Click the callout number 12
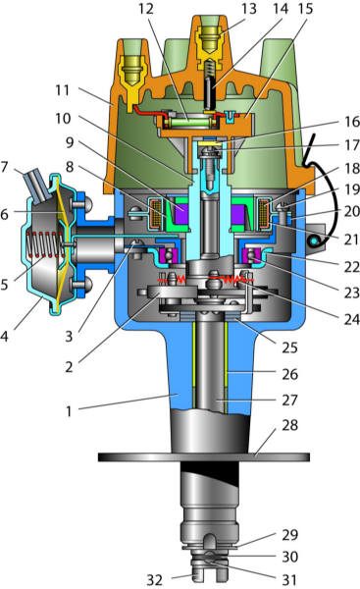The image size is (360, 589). tap(145, 8)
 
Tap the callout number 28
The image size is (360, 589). tap(289, 425)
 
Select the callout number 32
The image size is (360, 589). tap(154, 580)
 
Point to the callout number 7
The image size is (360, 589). tap(5, 167)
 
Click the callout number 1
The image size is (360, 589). tap(69, 411)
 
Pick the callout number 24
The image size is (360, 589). tap(352, 319)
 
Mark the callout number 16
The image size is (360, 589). tap(352, 122)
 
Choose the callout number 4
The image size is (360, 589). tap(4, 336)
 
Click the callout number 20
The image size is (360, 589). tap(352, 211)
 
